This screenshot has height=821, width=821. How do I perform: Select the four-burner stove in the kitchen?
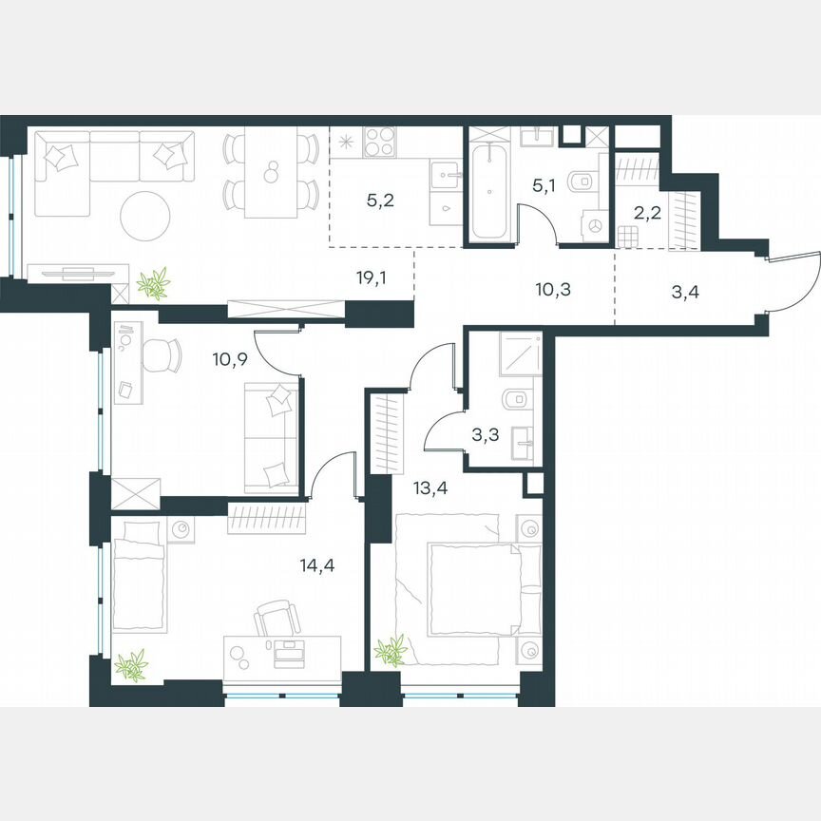pos(380,143)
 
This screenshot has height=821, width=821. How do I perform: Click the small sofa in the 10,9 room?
pos(273,436)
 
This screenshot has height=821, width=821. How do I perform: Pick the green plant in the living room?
pos(151,282)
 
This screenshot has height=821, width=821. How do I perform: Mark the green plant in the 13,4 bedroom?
pos(391,652)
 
